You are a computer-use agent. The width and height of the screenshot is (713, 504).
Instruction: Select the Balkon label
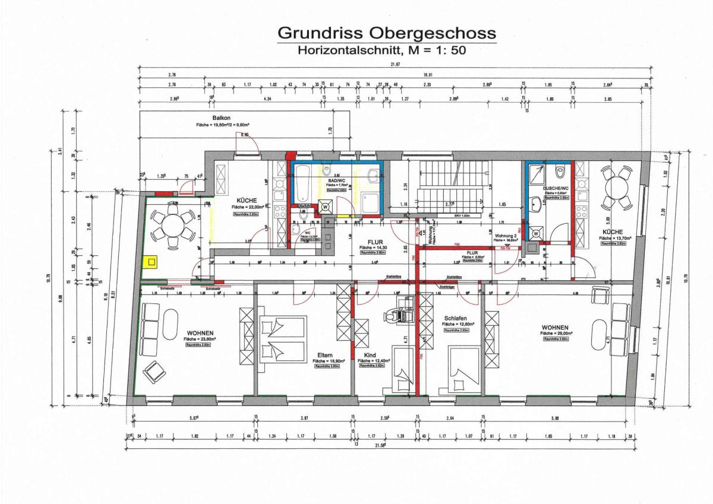click(x=222, y=118)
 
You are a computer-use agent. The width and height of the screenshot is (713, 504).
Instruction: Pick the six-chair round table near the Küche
click(x=173, y=226)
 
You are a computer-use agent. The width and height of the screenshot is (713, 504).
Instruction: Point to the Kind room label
click(x=370, y=355)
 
